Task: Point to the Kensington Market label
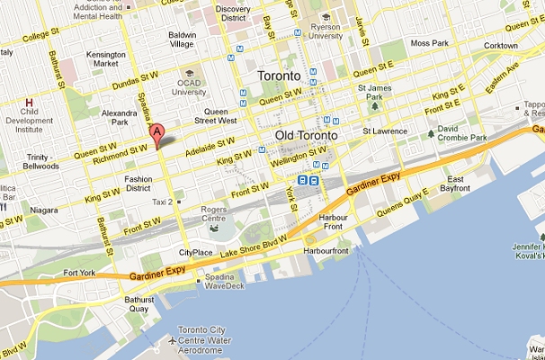click(106, 59)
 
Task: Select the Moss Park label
click(427, 42)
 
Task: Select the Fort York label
click(78, 272)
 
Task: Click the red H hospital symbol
click(30, 103)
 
